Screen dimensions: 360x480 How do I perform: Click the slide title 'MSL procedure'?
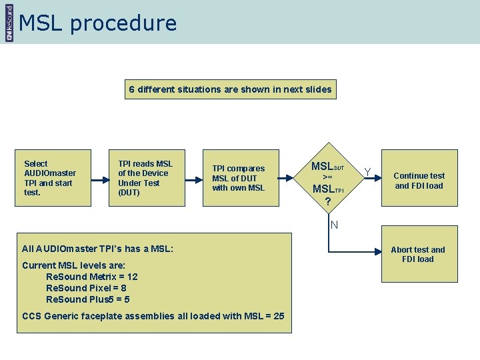98,23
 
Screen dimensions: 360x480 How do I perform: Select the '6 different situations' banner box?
230,89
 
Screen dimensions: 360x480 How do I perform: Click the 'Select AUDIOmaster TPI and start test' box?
53,177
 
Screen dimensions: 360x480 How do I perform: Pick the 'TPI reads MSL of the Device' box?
147,177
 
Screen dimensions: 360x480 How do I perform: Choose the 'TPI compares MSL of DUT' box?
241,177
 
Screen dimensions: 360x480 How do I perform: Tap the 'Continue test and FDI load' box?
419,181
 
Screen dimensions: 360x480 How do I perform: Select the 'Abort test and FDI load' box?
419,254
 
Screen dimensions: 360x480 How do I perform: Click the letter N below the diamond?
334,225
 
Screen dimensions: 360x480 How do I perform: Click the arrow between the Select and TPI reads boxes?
100,179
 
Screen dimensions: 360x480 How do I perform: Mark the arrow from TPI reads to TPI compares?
193,179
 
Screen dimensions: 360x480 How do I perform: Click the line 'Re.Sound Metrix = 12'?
91,277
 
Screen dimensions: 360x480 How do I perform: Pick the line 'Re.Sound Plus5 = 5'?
87,299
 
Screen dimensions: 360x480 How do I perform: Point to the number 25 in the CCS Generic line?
278,316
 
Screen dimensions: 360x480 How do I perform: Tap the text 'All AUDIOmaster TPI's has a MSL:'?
97,249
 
